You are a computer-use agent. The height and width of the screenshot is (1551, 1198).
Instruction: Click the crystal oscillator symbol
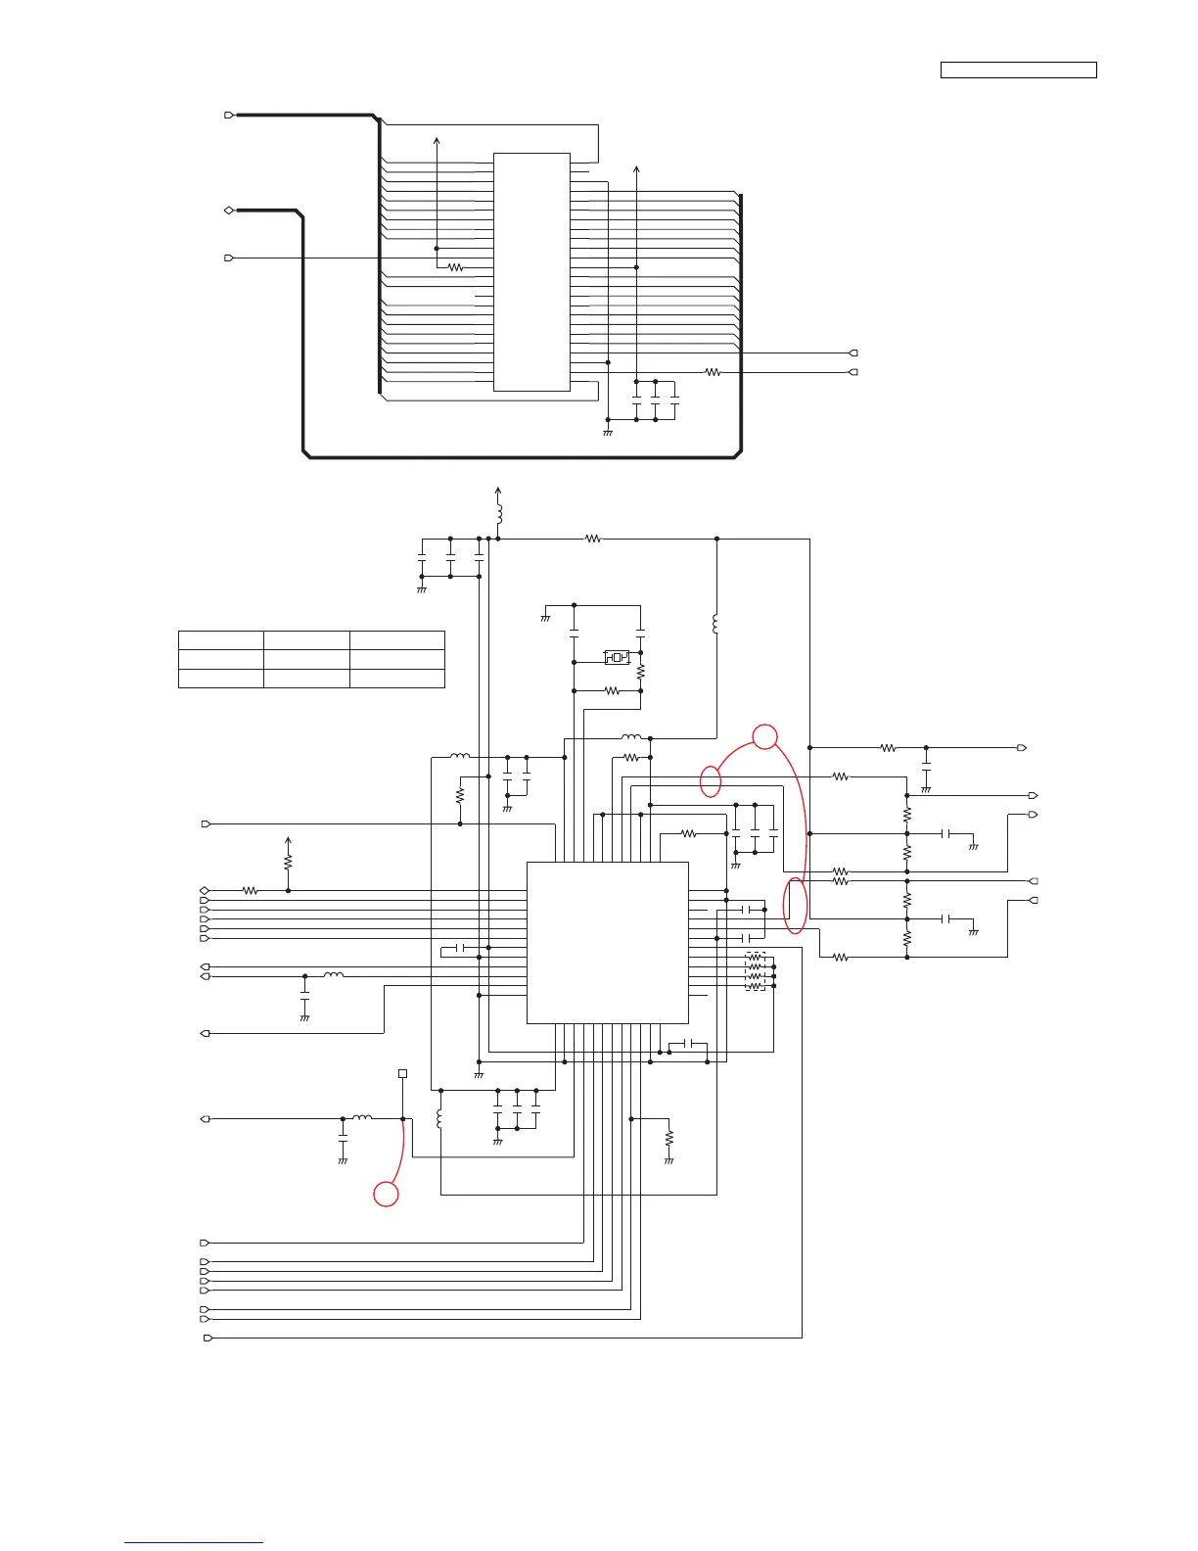click(x=617, y=657)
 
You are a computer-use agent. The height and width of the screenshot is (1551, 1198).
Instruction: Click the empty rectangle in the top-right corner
click(x=1018, y=70)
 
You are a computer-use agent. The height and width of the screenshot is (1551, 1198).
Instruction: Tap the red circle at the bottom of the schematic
click(x=387, y=1194)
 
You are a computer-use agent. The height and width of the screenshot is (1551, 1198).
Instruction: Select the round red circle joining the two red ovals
click(x=765, y=736)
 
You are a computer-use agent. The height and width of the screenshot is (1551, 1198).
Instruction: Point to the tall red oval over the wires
click(x=797, y=906)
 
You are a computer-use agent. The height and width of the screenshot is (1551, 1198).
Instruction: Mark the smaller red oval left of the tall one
click(x=712, y=781)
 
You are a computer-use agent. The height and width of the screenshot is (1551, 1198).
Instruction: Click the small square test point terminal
click(x=402, y=1074)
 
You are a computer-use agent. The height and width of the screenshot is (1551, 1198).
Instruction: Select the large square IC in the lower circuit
click(x=608, y=943)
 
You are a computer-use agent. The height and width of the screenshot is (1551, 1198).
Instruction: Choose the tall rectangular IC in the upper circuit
click(x=531, y=271)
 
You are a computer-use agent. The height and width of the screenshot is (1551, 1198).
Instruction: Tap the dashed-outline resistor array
click(x=755, y=971)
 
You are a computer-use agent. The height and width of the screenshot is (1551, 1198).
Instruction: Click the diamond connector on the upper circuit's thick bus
click(x=228, y=211)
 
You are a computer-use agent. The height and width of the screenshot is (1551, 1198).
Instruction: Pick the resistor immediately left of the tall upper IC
click(x=455, y=267)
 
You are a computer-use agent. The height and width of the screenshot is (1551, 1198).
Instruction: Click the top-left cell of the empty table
click(x=220, y=640)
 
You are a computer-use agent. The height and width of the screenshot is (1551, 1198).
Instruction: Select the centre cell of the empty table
click(x=306, y=659)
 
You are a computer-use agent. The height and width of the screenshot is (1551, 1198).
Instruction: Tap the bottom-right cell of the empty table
click(x=397, y=678)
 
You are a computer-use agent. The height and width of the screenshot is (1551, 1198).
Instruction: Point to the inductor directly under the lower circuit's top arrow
click(x=499, y=514)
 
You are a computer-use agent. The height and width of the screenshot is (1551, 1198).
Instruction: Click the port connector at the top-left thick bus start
click(x=229, y=115)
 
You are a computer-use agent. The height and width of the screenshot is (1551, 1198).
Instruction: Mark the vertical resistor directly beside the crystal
click(x=641, y=674)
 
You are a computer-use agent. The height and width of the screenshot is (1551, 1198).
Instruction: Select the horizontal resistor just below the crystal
click(x=613, y=691)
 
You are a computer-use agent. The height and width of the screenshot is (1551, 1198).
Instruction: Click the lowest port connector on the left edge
click(x=207, y=1338)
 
